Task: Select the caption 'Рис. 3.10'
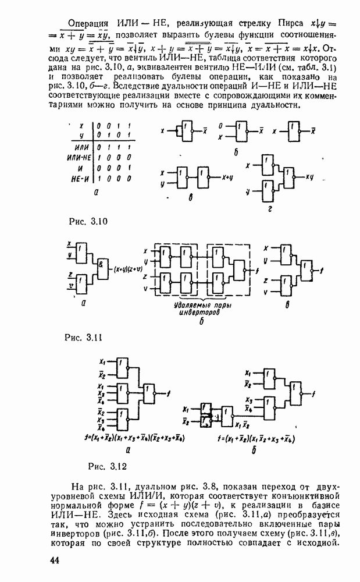87,222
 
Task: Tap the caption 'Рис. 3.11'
85,337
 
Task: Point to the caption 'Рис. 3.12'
106,466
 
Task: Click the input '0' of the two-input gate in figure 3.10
220,126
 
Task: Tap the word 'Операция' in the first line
88,24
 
